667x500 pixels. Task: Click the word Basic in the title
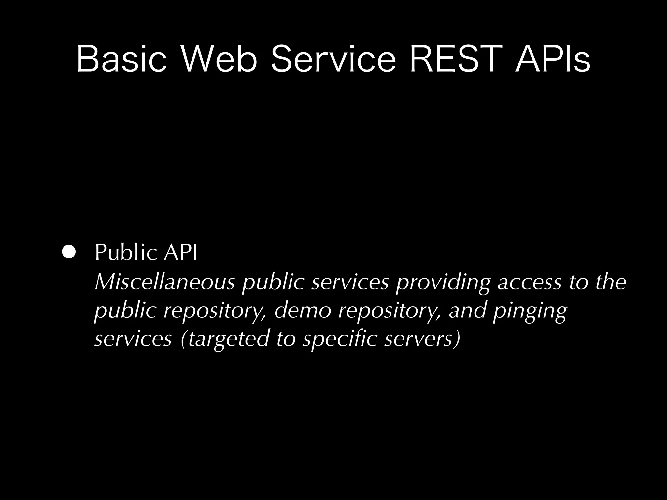pos(121,59)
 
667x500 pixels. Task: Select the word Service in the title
pos(333,59)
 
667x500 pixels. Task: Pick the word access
pos(530,283)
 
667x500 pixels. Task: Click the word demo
pos(302,310)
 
